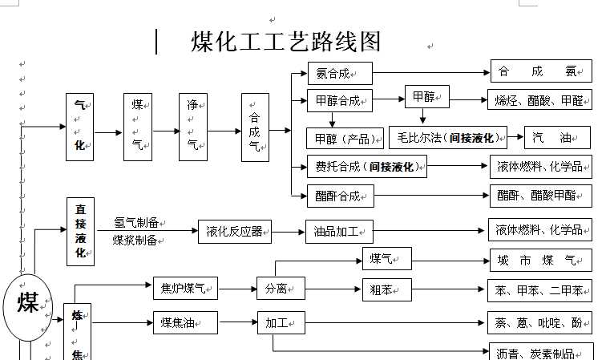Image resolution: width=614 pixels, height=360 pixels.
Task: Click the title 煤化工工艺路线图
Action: coord(285,42)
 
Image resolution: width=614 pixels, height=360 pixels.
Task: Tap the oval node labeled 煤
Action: coord(28,304)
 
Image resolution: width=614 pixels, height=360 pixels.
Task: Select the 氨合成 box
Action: coord(339,73)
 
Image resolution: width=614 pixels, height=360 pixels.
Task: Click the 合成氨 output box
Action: coord(541,71)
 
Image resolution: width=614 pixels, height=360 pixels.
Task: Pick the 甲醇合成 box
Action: coord(339,101)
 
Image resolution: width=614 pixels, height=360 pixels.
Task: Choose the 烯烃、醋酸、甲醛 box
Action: coord(541,100)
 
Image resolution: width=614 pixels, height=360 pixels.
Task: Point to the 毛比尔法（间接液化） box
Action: coord(448,138)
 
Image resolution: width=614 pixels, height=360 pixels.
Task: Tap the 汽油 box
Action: coord(557,138)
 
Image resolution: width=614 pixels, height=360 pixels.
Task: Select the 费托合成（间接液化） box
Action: coord(366,167)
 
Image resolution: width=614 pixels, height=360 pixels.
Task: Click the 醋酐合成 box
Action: coord(339,196)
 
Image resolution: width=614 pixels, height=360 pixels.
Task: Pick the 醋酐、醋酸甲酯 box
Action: coord(541,196)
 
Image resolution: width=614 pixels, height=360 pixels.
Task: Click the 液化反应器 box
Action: coord(235,232)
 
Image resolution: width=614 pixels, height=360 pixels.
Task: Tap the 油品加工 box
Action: coord(339,232)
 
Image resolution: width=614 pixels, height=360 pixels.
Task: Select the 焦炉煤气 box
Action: coord(185,288)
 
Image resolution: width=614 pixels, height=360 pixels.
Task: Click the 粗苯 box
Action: coord(386,289)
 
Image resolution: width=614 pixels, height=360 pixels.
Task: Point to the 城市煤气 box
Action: coord(540,260)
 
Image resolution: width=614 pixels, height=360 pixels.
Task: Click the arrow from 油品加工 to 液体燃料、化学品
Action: coord(430,231)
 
